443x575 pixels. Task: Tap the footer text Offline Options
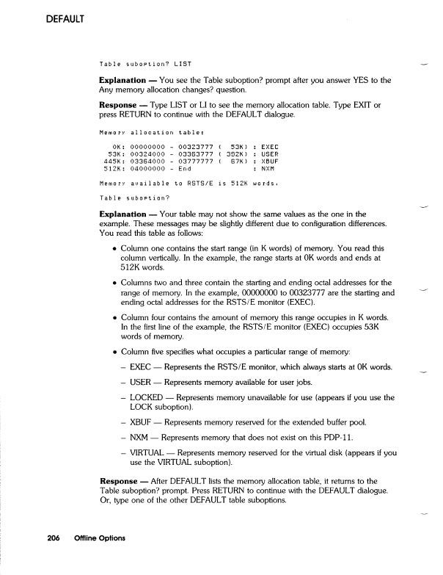coord(98,538)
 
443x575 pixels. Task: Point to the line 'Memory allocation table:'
coord(146,133)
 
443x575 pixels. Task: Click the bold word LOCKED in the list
coord(146,397)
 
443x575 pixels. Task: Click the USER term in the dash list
coord(142,383)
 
